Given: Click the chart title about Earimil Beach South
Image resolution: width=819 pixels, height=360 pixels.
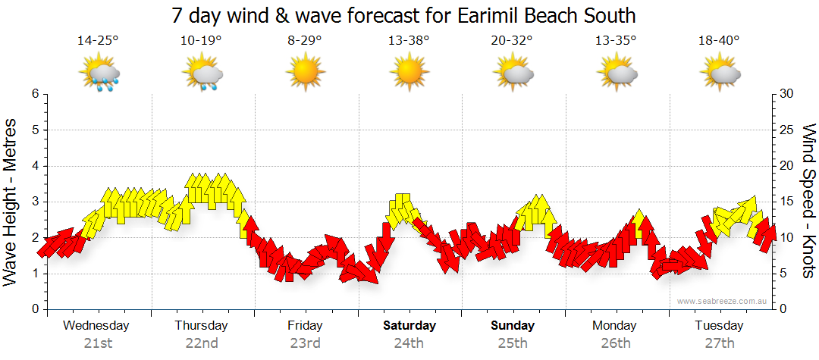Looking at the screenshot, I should pyautogui.click(x=403, y=15).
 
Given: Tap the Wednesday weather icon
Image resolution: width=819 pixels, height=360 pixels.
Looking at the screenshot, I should pyautogui.click(x=99, y=73).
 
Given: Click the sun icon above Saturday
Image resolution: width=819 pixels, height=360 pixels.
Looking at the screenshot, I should pyautogui.click(x=409, y=73).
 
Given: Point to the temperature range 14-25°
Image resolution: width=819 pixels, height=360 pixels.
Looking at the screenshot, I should pyautogui.click(x=98, y=41).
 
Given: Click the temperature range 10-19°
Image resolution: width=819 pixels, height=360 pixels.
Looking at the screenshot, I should pyautogui.click(x=201, y=41).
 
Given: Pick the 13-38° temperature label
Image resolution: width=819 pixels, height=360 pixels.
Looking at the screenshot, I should pyautogui.click(x=409, y=41).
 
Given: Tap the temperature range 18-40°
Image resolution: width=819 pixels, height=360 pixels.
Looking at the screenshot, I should pyautogui.click(x=719, y=41).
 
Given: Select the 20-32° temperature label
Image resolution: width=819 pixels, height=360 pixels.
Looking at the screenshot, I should pyautogui.click(x=512, y=41).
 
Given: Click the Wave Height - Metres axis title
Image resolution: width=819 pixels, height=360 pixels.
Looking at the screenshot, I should pyautogui.click(x=11, y=202).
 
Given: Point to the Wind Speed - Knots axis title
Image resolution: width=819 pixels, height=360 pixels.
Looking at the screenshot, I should pyautogui.click(x=808, y=202).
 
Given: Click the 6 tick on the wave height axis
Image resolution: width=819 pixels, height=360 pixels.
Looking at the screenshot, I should pyautogui.click(x=35, y=94).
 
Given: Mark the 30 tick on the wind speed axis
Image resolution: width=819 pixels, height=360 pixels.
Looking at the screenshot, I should pyautogui.click(x=786, y=94).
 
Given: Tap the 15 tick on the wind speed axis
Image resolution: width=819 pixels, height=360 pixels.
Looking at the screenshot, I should pyautogui.click(x=786, y=202).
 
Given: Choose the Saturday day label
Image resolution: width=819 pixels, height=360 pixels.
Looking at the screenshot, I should pyautogui.click(x=409, y=326).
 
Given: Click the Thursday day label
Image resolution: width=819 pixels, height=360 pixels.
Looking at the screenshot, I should pyautogui.click(x=201, y=326).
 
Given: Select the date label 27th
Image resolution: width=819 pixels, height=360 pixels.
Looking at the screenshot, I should pyautogui.click(x=719, y=343).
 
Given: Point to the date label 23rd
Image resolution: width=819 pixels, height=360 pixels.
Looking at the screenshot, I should pyautogui.click(x=305, y=343).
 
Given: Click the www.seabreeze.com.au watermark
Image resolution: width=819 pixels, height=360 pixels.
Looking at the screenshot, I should pyautogui.click(x=723, y=301).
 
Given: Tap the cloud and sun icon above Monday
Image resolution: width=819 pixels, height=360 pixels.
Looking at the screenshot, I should pyautogui.click(x=616, y=73).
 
